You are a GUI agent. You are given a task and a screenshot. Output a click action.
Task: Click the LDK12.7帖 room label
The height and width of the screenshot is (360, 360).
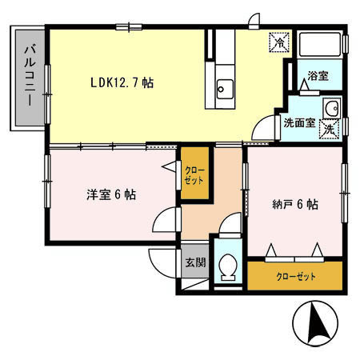(122, 82)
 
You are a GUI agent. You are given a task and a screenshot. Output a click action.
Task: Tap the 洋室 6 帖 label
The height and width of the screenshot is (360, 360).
(111, 194)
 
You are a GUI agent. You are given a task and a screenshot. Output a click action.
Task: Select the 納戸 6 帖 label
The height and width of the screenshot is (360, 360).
(295, 205)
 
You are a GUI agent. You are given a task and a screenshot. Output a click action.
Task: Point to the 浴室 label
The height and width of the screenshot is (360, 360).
(318, 76)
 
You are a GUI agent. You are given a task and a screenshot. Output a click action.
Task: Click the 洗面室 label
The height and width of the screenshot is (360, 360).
(299, 123)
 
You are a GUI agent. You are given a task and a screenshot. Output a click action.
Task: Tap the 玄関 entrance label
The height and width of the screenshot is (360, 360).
(196, 262)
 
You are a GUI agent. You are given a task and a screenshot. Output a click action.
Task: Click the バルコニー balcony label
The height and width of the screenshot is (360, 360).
(30, 76)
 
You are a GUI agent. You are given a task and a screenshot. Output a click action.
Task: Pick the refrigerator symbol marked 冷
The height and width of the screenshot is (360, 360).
(279, 42)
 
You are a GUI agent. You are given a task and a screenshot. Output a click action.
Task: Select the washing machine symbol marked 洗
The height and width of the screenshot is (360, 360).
(330, 130)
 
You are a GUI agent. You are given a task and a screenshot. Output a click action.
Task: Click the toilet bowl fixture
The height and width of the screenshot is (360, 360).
(228, 266)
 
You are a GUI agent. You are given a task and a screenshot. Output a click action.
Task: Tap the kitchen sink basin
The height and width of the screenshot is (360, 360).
(225, 89)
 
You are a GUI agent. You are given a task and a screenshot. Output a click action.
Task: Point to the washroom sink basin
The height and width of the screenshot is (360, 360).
(332, 108)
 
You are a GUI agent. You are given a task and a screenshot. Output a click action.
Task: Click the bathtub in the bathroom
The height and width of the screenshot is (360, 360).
(320, 44)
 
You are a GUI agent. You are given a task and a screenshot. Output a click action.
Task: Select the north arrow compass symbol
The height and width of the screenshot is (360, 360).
(315, 323)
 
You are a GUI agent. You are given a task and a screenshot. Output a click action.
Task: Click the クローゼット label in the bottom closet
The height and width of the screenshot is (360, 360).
(296, 277)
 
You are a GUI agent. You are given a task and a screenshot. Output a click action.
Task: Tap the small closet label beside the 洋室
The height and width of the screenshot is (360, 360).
(194, 175)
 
